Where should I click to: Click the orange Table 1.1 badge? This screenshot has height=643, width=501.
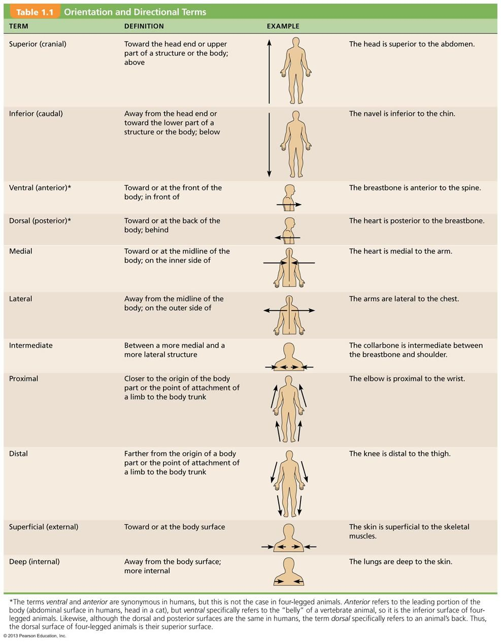click(x=35, y=12)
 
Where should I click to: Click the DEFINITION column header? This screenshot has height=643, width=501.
click(x=144, y=26)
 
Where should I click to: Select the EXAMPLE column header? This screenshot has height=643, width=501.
click(x=283, y=26)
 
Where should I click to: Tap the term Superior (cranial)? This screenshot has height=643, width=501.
click(x=38, y=44)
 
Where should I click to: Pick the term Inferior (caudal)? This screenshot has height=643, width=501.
click(x=36, y=114)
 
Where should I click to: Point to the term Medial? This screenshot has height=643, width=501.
click(x=20, y=251)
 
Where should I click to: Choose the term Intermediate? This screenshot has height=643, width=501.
click(x=31, y=345)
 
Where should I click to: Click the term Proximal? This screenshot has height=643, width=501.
click(x=23, y=379)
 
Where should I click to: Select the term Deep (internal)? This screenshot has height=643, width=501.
click(x=35, y=561)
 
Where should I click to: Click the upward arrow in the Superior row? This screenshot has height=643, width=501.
click(x=269, y=72)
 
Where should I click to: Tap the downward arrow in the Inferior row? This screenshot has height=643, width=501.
click(x=269, y=145)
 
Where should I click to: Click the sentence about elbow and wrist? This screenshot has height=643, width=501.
click(x=407, y=379)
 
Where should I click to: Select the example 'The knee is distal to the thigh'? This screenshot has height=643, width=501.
click(x=400, y=453)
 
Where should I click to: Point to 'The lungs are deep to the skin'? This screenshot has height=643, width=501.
click(x=400, y=561)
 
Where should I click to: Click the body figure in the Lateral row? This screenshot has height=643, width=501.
click(x=289, y=316)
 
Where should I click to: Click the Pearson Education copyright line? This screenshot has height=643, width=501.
click(x=35, y=635)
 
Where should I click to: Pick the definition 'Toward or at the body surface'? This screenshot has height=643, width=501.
click(x=175, y=527)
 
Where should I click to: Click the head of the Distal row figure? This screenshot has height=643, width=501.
click(x=289, y=456)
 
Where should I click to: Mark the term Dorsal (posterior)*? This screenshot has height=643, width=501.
click(x=40, y=221)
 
